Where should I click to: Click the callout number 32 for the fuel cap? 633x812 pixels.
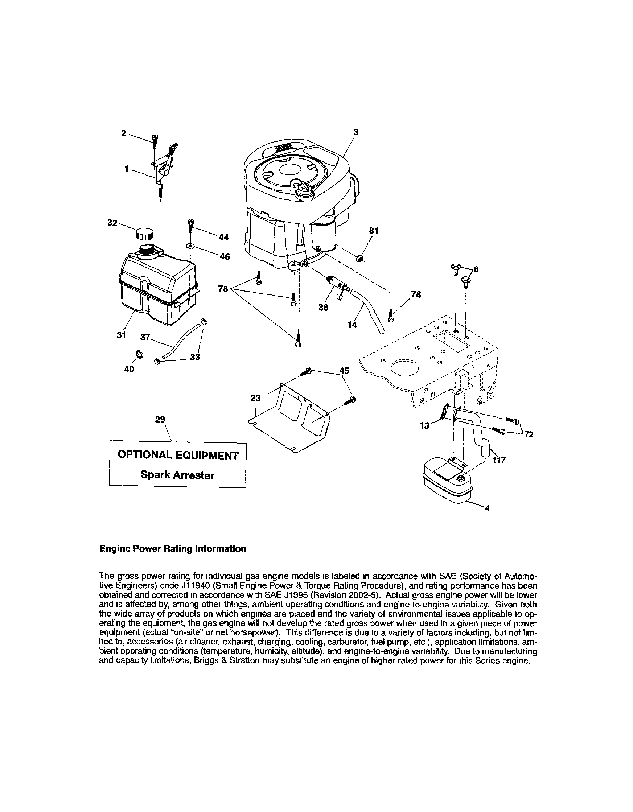112,223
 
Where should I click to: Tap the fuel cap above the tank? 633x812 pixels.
144,234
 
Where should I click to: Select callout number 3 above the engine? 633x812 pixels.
356,132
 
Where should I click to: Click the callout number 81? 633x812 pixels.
373,231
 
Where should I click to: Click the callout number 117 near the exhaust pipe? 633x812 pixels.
499,460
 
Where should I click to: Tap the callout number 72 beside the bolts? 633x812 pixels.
529,434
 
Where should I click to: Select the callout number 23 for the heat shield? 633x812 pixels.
255,398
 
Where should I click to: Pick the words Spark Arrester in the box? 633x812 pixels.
177,475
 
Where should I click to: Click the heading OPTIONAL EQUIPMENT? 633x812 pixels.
178,456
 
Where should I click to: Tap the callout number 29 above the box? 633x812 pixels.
160,419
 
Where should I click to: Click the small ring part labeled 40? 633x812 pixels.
139,354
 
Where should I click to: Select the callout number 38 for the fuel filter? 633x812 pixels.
323,308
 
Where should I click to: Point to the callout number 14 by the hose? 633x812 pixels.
352,325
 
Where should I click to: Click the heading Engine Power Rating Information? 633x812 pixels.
173,549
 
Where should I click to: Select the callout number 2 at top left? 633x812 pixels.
124,133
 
